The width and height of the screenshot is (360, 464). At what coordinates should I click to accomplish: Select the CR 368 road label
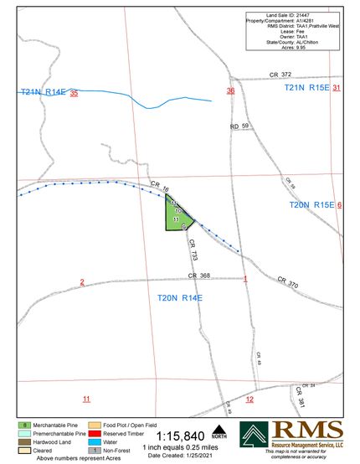(x=198, y=276)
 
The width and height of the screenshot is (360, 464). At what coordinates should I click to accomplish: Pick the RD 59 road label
(x=240, y=126)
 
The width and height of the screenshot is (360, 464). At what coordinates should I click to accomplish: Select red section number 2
(x=82, y=281)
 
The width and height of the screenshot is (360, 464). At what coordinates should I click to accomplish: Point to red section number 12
(x=249, y=400)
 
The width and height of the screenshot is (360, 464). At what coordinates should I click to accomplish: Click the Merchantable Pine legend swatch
(x=27, y=426)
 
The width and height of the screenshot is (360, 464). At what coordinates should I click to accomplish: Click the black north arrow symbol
(x=219, y=430)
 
